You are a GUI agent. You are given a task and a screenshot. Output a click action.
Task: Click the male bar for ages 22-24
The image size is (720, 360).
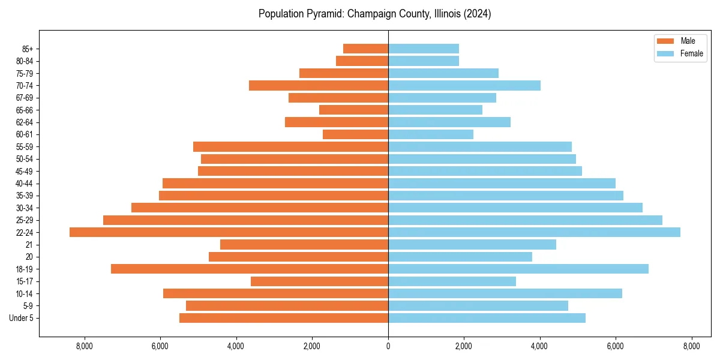[x=229, y=232]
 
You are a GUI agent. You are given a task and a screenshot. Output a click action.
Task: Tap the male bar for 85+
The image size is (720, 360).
[x=365, y=49]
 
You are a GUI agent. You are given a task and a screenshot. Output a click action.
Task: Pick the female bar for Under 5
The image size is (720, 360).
[x=487, y=318]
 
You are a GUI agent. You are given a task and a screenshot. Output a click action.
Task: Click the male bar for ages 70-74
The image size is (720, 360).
[x=319, y=85]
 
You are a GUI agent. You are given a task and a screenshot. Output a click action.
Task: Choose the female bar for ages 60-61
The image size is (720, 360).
[x=431, y=134]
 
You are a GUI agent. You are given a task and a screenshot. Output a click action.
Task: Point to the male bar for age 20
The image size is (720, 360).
[x=298, y=257]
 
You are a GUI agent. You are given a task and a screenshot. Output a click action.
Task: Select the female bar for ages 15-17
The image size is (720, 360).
[x=452, y=281]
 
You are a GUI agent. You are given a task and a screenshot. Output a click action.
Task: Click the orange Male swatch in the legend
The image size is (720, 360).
[x=665, y=41]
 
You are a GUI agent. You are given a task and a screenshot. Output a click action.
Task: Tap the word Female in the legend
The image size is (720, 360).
[x=692, y=53]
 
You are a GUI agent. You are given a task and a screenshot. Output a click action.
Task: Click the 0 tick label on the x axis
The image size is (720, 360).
[x=388, y=346]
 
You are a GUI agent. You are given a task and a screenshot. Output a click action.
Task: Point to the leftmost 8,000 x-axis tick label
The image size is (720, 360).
[x=85, y=346]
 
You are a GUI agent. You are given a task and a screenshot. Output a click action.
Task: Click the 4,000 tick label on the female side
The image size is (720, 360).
[x=539, y=346]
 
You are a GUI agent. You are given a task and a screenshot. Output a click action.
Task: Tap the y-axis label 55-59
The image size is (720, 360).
[x=25, y=147]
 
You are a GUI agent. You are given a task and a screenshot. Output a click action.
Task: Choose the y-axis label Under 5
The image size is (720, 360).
[x=22, y=318]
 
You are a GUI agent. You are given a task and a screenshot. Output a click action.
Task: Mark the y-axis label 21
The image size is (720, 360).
[x=29, y=245]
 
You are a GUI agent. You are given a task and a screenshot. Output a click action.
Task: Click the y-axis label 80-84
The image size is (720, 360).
[x=25, y=61]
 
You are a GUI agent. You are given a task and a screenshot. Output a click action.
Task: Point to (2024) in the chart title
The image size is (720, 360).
[x=478, y=14]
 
